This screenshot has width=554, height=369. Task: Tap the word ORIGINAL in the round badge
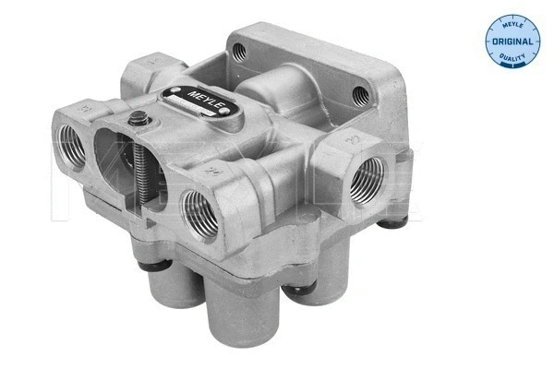pyautogui.click(x=512, y=42)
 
